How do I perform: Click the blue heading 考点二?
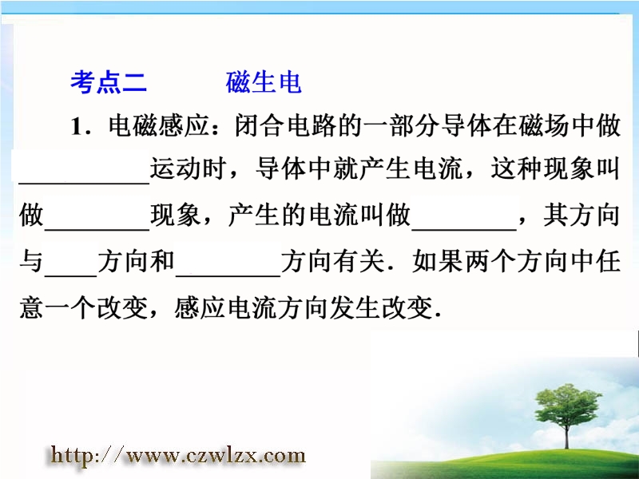[109, 82]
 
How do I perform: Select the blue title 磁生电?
[264, 82]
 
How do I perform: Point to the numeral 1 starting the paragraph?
[76, 127]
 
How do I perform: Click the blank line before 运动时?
[85, 184]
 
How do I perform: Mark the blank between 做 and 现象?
[97, 230]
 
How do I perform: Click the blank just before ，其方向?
[464, 230]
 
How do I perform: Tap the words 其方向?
[581, 215]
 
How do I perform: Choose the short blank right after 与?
[71, 276]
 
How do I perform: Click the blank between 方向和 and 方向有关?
[228, 276]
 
